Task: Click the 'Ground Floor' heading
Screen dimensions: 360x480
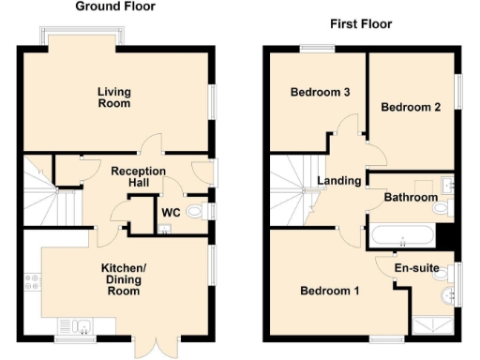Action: click(115, 7)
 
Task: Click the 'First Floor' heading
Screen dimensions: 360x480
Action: click(361, 23)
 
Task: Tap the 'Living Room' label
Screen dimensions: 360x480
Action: click(114, 97)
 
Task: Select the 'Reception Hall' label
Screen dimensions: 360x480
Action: click(138, 177)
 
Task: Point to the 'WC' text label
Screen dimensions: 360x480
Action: click(172, 213)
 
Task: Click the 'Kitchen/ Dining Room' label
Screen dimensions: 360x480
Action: click(121, 278)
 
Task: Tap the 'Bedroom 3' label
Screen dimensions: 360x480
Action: click(320, 93)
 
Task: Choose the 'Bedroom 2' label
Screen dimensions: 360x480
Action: click(410, 108)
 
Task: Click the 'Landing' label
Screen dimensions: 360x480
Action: click(338, 180)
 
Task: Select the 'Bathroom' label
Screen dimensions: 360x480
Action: click(411, 198)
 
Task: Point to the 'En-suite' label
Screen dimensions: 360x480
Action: click(416, 269)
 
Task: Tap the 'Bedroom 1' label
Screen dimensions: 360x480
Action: click(329, 291)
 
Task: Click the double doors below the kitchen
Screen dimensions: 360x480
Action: click(153, 345)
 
